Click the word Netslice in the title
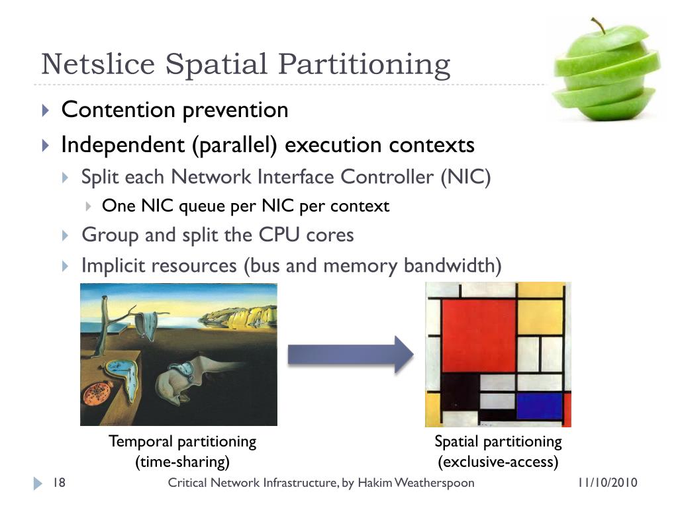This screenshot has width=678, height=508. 98,65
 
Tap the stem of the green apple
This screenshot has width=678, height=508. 599,26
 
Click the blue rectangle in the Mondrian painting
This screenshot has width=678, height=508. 539,405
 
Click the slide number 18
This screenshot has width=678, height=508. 58,483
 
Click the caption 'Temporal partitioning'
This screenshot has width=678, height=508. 182,441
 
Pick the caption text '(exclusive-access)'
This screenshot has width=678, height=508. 498,461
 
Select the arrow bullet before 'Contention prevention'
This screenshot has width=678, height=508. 45,110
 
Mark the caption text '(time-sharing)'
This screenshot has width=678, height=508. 182,461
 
